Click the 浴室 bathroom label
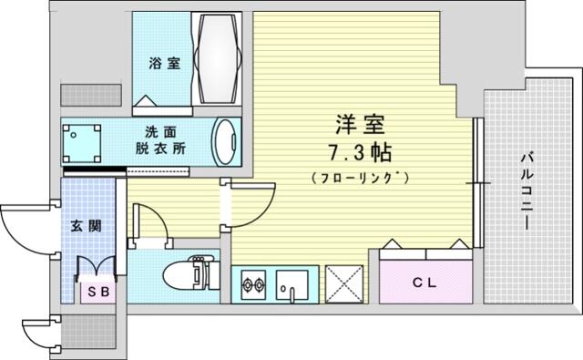pyautogui.click(x=164, y=63)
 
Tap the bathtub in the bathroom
pyautogui.click(x=218, y=58)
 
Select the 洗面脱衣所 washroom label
pyautogui.click(x=160, y=140)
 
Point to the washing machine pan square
pyautogui.click(x=81, y=143)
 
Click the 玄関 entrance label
pyautogui.click(x=87, y=225)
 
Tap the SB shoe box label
pyautogui.click(x=98, y=292)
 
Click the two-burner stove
pyautogui.click(x=253, y=285)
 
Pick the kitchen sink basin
pyautogui.click(x=291, y=285)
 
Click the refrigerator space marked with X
pyautogui.click(x=344, y=283)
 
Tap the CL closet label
pyautogui.click(x=424, y=283)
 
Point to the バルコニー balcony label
pyautogui.click(x=527, y=191)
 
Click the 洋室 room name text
pyautogui.click(x=360, y=125)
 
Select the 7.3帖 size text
pyautogui.click(x=360, y=152)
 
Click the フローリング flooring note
pyautogui.click(x=361, y=178)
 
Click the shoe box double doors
pyautogui.click(x=96, y=266)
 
